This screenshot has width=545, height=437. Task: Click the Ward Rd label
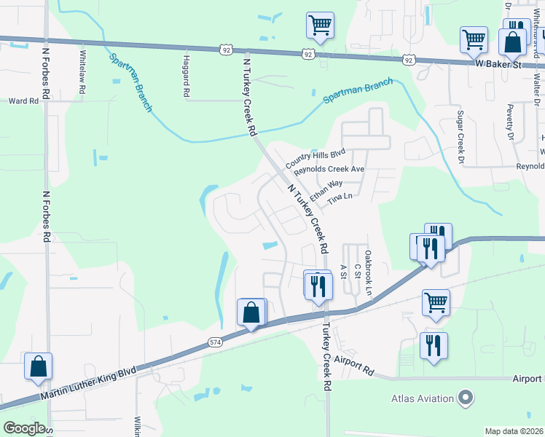23,101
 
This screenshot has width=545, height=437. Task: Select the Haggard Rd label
187,76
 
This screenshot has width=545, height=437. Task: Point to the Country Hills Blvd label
315,161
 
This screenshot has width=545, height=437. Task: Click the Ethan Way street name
326,192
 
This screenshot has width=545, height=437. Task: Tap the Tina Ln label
340,197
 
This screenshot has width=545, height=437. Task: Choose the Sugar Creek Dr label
460,136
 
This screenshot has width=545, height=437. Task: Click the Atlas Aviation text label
423,398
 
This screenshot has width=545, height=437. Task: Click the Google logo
24,428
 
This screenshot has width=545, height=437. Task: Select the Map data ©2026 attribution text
514,431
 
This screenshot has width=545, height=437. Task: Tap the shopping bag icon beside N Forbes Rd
38,366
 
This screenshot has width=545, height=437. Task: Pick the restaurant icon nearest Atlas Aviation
434,347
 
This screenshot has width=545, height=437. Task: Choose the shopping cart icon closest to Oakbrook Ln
436,302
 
